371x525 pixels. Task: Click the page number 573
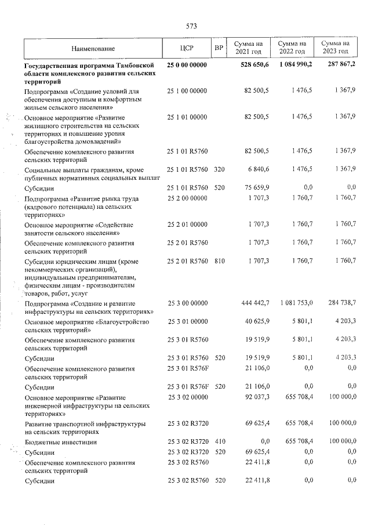click(191, 26)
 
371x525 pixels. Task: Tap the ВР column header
click(219, 49)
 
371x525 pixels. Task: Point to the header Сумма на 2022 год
click(292, 48)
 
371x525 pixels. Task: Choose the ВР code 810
click(219, 261)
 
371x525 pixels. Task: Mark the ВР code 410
click(219, 441)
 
